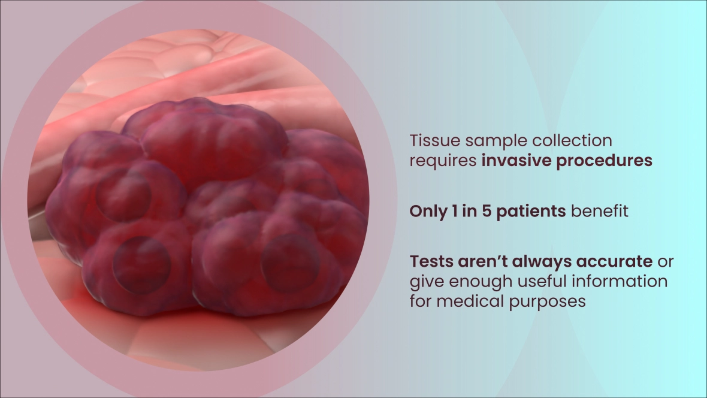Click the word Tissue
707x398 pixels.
coord(435,141)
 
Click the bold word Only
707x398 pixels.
coord(428,211)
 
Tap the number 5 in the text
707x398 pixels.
coord(487,211)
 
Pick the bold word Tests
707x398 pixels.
coord(431,261)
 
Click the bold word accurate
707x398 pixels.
coord(614,262)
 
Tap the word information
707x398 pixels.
coord(620,281)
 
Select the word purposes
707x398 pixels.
coord(548,302)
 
